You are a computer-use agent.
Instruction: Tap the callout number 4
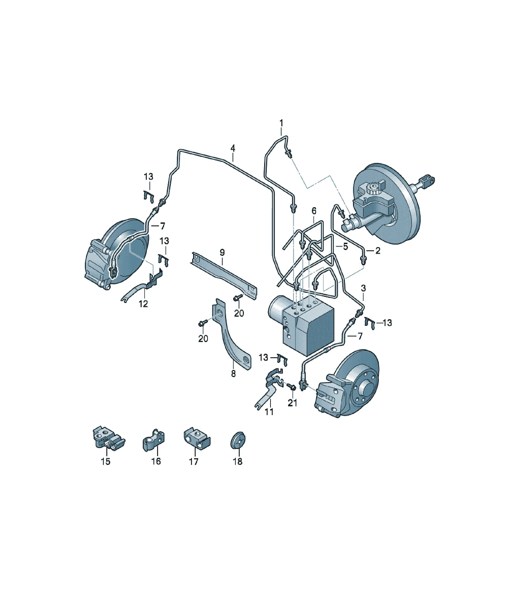click(233, 148)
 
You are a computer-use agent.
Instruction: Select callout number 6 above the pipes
click(314, 211)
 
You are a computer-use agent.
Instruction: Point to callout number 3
click(363, 288)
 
